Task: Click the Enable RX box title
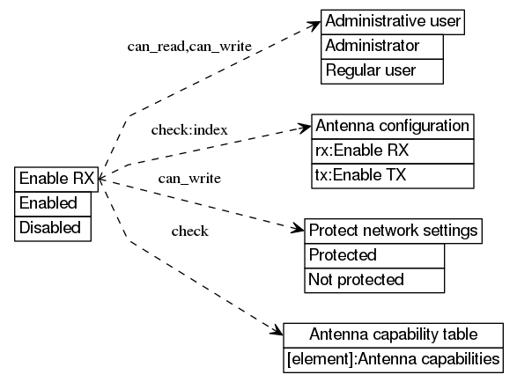point(56,179)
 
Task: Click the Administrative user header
point(392,21)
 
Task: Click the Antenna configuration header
point(392,126)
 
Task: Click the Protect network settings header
point(393,231)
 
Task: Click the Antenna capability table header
point(393,335)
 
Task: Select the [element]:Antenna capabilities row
point(393,359)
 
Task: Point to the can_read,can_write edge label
point(189,45)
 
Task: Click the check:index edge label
point(189,130)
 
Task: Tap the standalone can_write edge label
point(188,179)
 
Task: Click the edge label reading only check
point(189,231)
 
